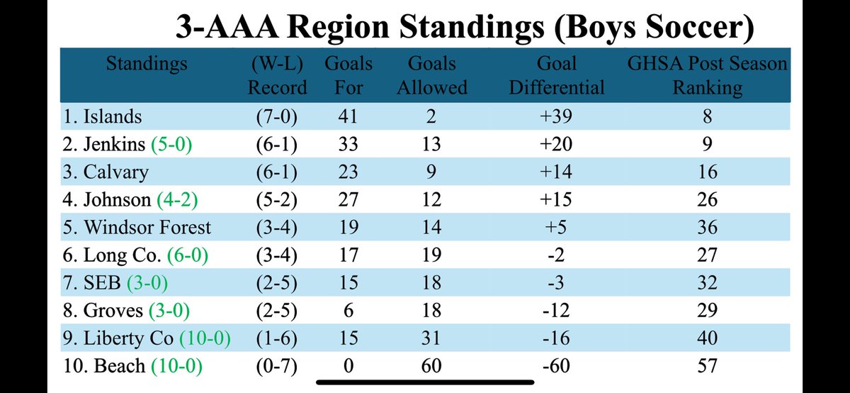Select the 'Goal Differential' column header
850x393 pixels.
pyautogui.click(x=557, y=75)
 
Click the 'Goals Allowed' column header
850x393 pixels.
pyautogui.click(x=431, y=75)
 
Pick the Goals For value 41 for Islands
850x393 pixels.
pyautogui.click(x=348, y=117)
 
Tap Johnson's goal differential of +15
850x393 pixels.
pyautogui.click(x=557, y=200)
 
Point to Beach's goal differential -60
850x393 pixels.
pyautogui.click(x=557, y=367)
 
